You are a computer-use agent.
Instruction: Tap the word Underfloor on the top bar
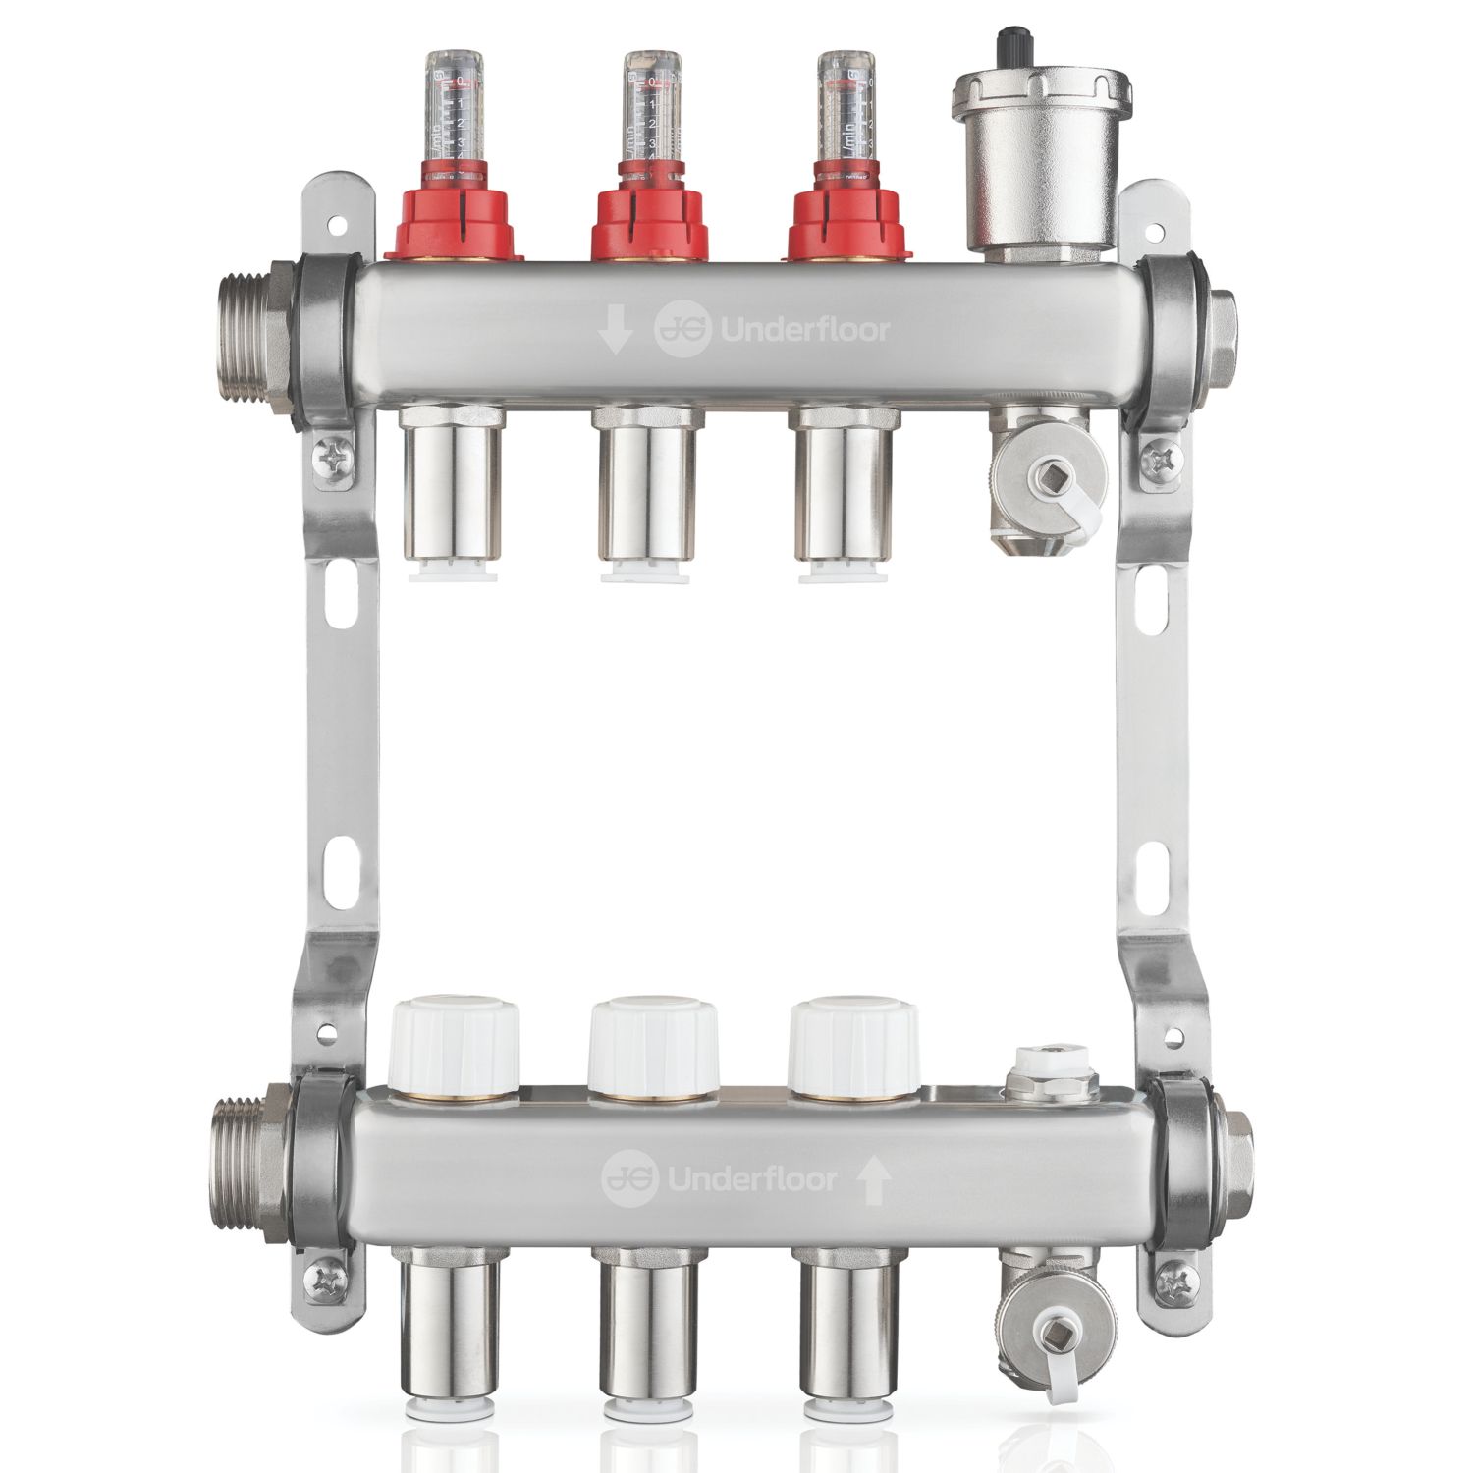point(805,331)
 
